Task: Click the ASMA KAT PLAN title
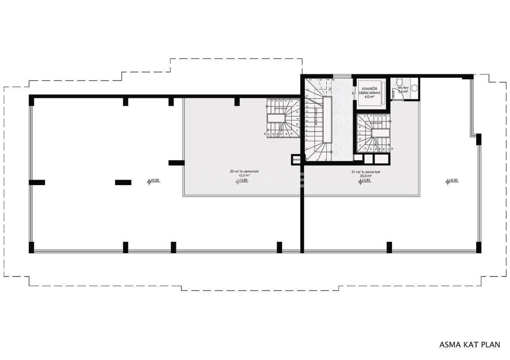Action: pos(469,344)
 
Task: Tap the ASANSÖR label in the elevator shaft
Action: pos(369,88)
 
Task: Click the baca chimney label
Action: pos(296,160)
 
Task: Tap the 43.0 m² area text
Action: pos(244,175)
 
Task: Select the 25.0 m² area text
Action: pos(366,175)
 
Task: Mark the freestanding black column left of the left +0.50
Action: pos(123,182)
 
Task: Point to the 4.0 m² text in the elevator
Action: pos(369,96)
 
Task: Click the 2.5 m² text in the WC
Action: pos(403,92)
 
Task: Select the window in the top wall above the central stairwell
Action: pos(339,76)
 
